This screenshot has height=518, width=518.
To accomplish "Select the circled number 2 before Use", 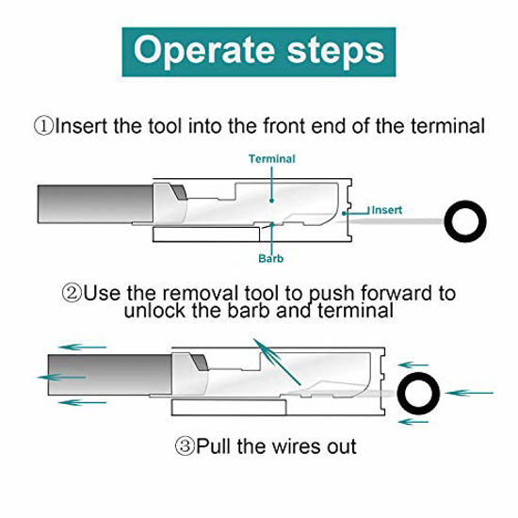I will (x=72, y=293).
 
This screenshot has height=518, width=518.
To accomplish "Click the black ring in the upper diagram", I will (x=463, y=220).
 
